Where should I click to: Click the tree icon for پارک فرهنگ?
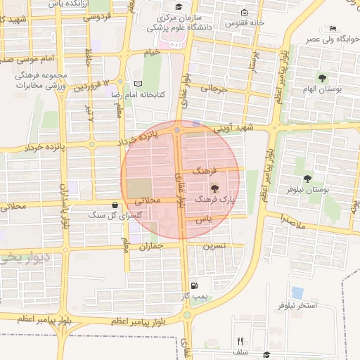pyautogui.click(x=214, y=189)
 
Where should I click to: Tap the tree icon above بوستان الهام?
pyautogui.click(x=323, y=78)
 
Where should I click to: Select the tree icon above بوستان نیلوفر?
pyautogui.click(x=307, y=179)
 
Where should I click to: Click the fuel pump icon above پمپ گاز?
pyautogui.click(x=194, y=285)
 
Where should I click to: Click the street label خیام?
pyautogui.click(x=152, y=53)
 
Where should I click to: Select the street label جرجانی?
pyautogui.click(x=215, y=89)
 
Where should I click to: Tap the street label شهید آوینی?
pyautogui.click(x=252, y=128)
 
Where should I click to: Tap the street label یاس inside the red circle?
pyautogui.click(x=204, y=220)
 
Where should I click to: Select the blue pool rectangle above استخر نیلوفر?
pyautogui.click(x=297, y=292)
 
